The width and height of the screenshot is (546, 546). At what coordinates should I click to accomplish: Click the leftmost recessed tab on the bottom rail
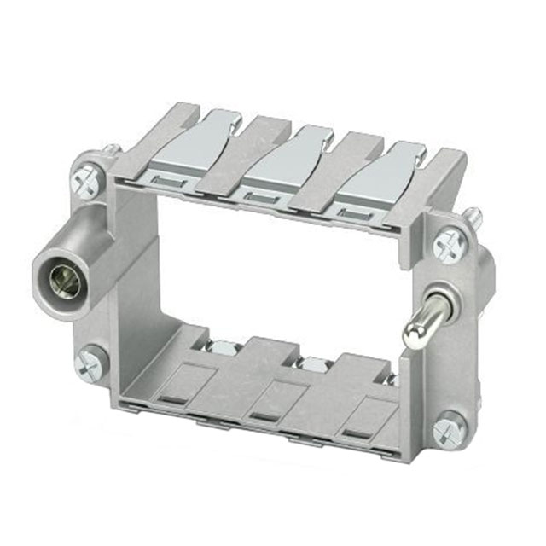tap(175, 395)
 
